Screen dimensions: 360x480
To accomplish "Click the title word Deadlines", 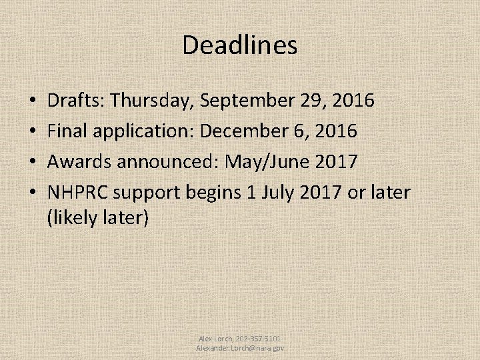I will coord(239,45).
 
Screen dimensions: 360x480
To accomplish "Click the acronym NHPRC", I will coord(78,192).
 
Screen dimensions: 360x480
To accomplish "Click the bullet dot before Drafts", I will coord(33,101).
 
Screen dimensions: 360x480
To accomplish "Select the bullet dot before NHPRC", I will coord(33,193).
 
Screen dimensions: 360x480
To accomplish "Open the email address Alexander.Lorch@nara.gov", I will coord(240,348).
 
